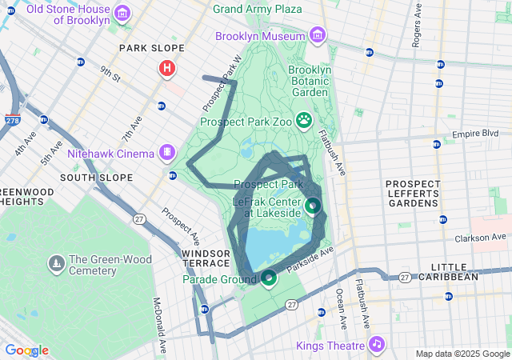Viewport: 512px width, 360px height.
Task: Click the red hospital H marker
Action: pyautogui.click(x=167, y=69)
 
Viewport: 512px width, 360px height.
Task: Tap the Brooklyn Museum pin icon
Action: pyautogui.click(x=318, y=36)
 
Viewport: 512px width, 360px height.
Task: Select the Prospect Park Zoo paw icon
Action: pyautogui.click(x=305, y=121)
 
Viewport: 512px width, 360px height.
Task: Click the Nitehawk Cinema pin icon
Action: pyautogui.click(x=167, y=151)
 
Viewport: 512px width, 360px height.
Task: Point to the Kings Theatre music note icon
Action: pyautogui.click(x=375, y=344)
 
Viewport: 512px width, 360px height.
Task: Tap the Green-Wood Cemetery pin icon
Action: pyautogui.click(x=56, y=262)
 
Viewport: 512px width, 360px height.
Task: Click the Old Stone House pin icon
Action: pyautogui.click(x=122, y=12)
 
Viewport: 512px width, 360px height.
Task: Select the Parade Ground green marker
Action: pyautogui.click(x=269, y=278)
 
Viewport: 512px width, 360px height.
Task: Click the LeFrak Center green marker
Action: pyautogui.click(x=312, y=206)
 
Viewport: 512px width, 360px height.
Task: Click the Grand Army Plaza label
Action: pyautogui.click(x=258, y=9)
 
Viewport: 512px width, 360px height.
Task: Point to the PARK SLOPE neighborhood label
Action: pyautogui.click(x=146, y=48)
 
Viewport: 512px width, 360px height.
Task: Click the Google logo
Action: pyautogui.click(x=26, y=350)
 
